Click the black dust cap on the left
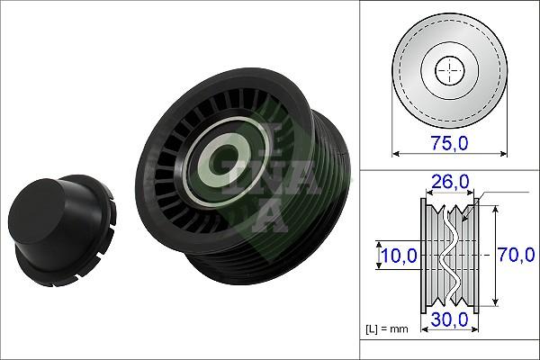pos(58,224)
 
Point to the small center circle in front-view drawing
pos(447,70)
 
